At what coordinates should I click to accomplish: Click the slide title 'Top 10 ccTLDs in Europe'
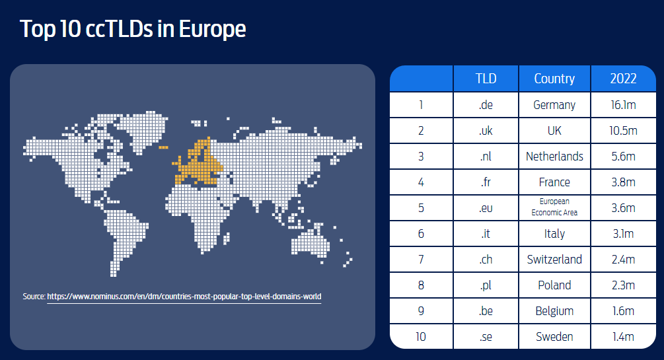(x=133, y=29)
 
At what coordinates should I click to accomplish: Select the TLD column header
(x=486, y=79)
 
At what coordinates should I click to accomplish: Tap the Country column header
(x=554, y=79)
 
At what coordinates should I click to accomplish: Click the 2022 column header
(x=623, y=79)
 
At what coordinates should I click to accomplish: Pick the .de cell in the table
(x=486, y=104)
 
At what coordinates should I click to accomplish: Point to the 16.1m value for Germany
(x=623, y=104)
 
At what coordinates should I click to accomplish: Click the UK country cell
(x=554, y=130)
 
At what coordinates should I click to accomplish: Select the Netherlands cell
(x=554, y=157)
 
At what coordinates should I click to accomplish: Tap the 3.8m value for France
(x=623, y=182)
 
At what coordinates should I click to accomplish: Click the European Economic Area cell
(x=554, y=207)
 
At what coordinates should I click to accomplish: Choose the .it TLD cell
(x=486, y=233)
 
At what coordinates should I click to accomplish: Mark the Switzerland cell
(x=554, y=259)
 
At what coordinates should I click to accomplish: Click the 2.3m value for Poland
(x=623, y=285)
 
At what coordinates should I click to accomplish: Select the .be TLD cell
(x=486, y=311)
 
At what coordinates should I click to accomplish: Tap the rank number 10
(x=420, y=337)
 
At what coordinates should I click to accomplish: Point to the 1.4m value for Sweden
(x=623, y=337)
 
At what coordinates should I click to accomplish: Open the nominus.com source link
(x=184, y=297)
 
